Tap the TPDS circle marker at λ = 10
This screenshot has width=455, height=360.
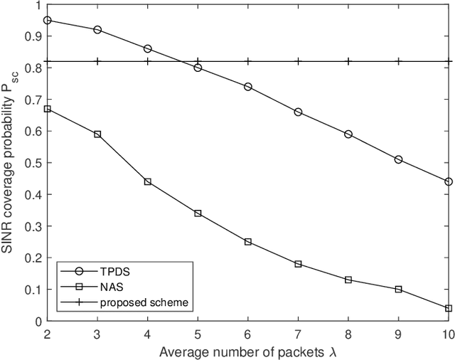tap(448, 181)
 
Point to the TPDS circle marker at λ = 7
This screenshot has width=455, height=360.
tap(298, 112)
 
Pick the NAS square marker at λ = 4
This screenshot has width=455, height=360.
tap(148, 181)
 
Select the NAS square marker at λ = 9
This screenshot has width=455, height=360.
tap(398, 289)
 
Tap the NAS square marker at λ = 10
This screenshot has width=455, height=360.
tap(448, 308)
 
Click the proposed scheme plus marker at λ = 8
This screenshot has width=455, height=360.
tap(348, 61)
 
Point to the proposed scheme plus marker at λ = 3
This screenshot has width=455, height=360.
tap(97, 61)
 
